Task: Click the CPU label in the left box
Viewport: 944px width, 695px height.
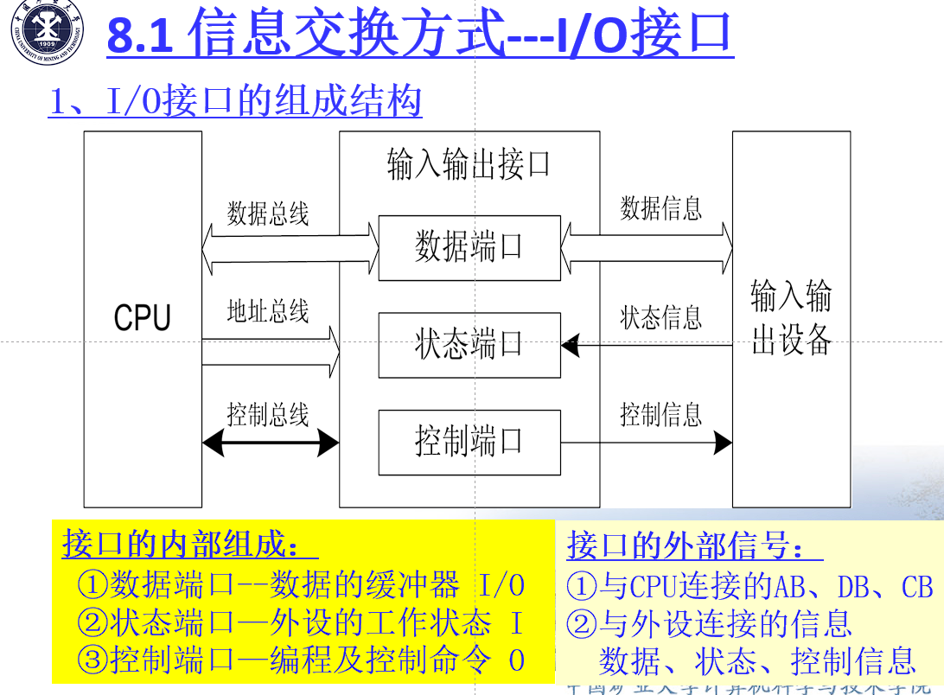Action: [x=143, y=317]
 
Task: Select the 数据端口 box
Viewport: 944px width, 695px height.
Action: [x=469, y=248]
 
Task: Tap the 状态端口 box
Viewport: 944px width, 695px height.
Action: [x=469, y=345]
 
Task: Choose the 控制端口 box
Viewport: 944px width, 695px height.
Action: [x=469, y=442]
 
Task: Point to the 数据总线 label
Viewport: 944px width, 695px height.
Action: [x=268, y=214]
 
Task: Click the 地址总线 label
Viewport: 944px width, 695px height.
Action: [x=268, y=311]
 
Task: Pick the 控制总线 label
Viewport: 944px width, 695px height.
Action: [x=268, y=415]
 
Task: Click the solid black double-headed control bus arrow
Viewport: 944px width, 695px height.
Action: [x=271, y=443]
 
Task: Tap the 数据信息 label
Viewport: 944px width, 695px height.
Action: [x=661, y=208]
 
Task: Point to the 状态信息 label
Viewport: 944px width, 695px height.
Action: [x=661, y=318]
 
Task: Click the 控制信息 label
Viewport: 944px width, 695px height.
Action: [x=661, y=415]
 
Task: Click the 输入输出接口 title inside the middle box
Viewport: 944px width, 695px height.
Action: [x=469, y=164]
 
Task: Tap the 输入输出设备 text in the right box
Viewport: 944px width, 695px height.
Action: [x=791, y=318]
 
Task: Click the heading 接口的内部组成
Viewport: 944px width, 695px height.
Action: [x=190, y=545]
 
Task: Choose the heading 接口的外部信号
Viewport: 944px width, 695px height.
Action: [x=695, y=546]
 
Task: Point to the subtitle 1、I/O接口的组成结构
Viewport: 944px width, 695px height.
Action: [x=235, y=102]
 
